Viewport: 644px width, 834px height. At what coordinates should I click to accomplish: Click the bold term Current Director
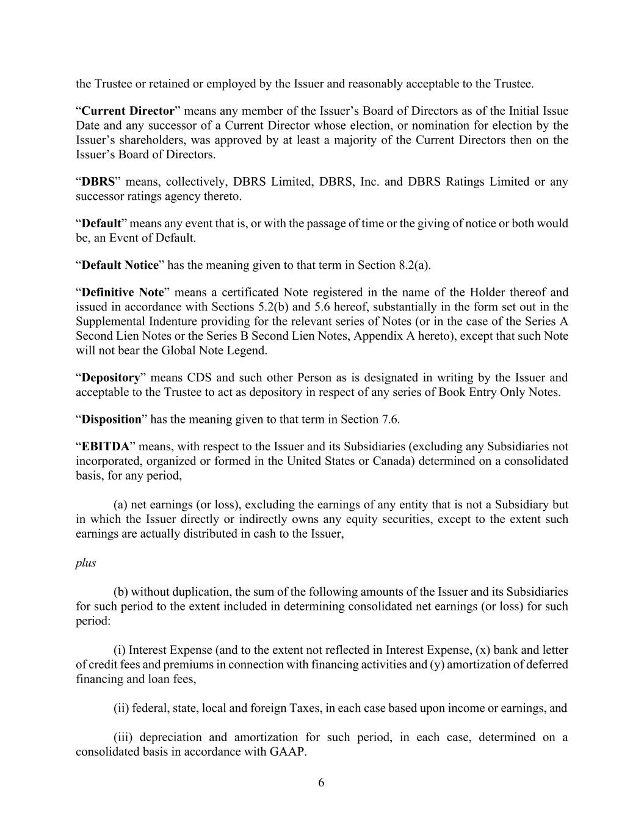(128, 111)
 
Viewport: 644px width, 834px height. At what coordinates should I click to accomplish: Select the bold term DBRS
(98, 182)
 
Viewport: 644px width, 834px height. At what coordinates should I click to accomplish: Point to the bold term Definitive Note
(123, 292)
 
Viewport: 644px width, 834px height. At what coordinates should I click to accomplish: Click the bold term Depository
(110, 378)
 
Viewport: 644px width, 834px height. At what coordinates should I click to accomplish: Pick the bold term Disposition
(111, 419)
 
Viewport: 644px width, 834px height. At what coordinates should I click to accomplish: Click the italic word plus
(85, 563)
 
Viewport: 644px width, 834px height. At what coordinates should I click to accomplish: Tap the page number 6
(322, 783)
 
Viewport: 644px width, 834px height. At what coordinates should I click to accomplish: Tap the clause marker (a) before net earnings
(121, 505)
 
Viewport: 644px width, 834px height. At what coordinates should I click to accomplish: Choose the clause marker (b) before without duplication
(121, 591)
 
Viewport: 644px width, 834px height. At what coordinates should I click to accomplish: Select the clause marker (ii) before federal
(121, 708)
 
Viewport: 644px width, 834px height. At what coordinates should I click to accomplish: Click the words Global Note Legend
(213, 351)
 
